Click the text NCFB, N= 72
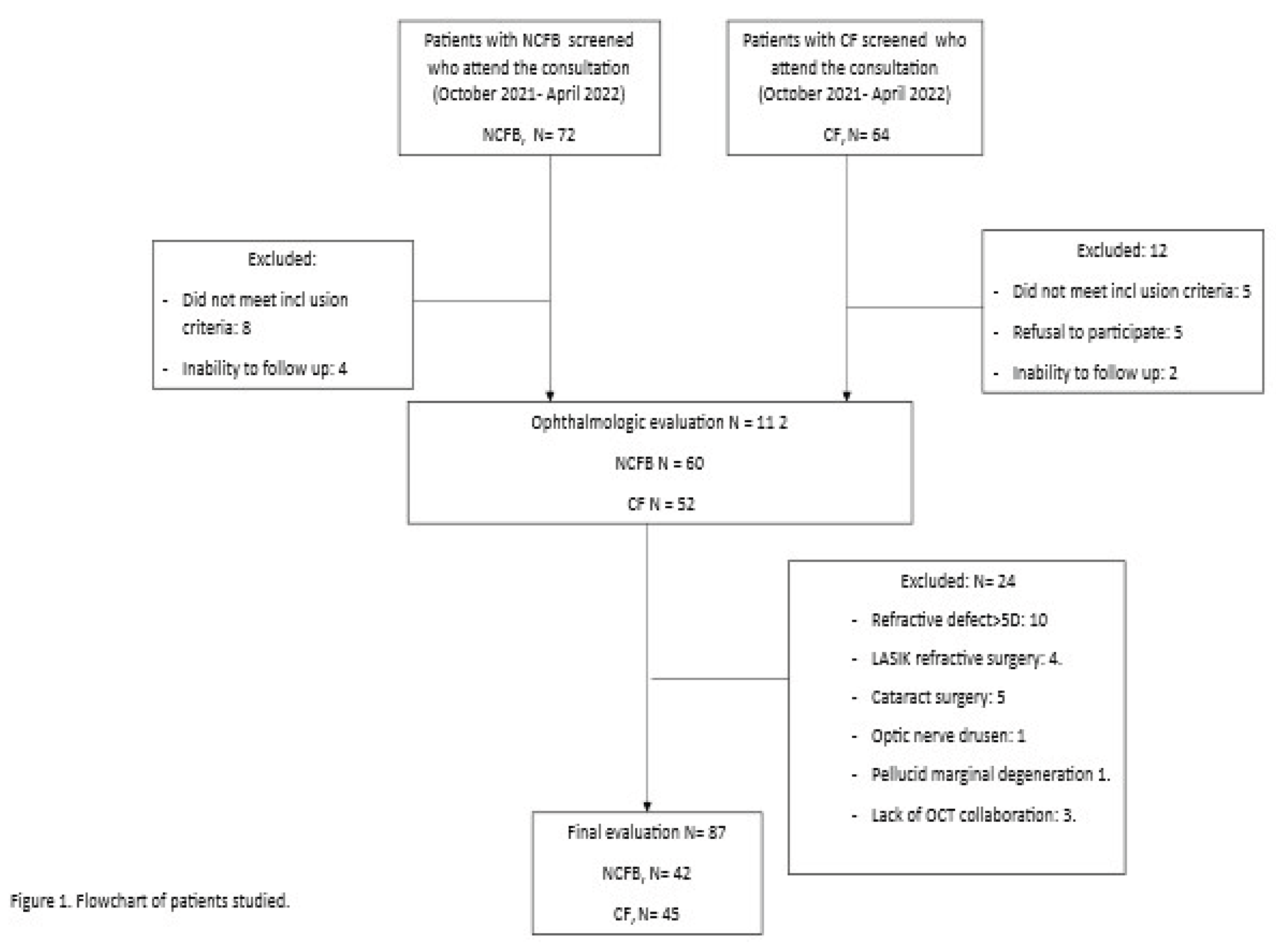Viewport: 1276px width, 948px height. (x=528, y=135)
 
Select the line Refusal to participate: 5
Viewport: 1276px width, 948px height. (x=1097, y=332)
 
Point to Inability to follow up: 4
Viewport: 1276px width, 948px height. (x=264, y=369)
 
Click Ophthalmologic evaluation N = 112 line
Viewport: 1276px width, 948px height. (x=659, y=423)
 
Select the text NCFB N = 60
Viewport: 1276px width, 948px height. (x=659, y=463)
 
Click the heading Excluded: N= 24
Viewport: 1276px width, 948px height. (x=957, y=581)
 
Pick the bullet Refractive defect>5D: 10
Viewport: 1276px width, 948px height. (x=959, y=620)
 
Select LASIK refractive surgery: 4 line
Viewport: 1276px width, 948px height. (x=966, y=658)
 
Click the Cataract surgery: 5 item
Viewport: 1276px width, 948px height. (x=937, y=697)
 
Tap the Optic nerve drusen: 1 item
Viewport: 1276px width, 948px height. (x=948, y=736)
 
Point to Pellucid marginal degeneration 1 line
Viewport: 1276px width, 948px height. (x=990, y=775)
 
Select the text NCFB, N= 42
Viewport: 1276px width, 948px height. (x=646, y=873)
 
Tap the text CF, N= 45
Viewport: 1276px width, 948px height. (x=646, y=914)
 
